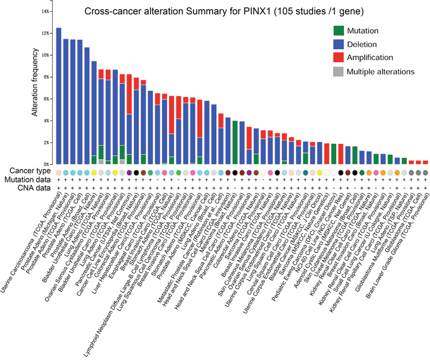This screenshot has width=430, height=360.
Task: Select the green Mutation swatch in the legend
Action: (x=337, y=31)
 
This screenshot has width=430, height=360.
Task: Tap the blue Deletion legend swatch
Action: (x=337, y=44)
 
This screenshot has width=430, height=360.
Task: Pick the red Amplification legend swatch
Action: (x=337, y=58)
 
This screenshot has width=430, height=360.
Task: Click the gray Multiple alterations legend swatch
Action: (x=337, y=72)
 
